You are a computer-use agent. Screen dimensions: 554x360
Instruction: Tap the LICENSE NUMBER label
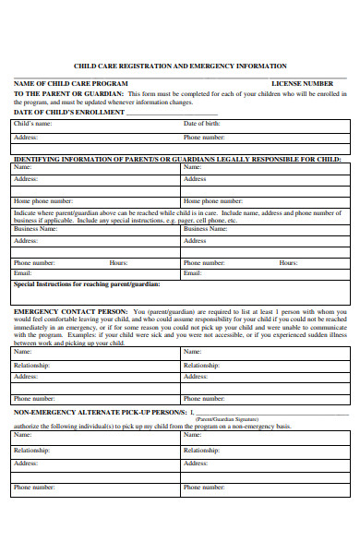click(x=302, y=84)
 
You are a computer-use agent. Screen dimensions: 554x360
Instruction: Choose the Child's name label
click(x=33, y=124)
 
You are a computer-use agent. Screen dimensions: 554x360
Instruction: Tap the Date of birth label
click(x=202, y=124)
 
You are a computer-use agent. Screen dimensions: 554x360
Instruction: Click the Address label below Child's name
click(x=26, y=137)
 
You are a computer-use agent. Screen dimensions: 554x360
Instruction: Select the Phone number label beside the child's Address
click(x=204, y=137)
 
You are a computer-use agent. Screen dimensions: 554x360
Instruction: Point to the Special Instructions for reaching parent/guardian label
click(x=87, y=283)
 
